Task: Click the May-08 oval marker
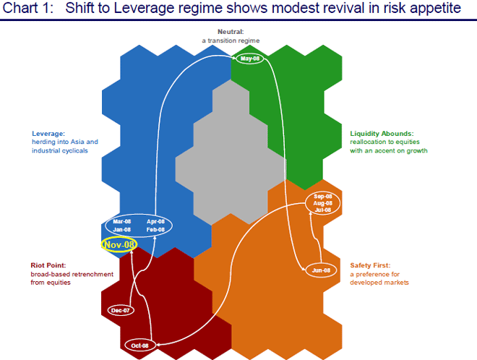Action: tap(250, 59)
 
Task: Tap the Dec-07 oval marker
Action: tap(121, 310)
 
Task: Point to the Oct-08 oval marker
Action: tap(140, 345)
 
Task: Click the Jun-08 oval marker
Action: tap(322, 270)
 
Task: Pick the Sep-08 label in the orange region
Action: tap(323, 197)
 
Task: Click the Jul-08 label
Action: tap(323, 210)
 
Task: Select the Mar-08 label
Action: tap(123, 221)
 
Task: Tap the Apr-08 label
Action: tap(155, 221)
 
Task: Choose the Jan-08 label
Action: tap(123, 230)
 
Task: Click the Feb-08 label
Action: tap(155, 230)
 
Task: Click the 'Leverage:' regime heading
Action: tap(48, 134)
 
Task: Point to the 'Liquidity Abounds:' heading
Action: tap(382, 134)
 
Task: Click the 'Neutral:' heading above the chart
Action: tap(231, 32)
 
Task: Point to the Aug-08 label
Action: tap(323, 204)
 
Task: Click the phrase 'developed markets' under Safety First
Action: tap(380, 283)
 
